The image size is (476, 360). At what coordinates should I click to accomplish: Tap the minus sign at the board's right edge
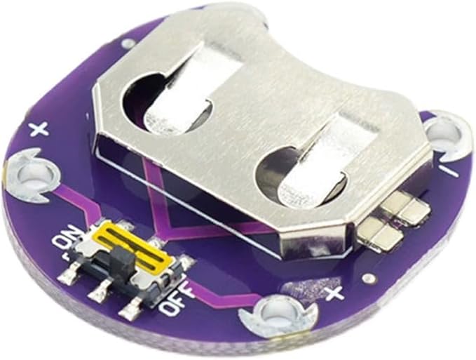pyautogui.click(x=451, y=171)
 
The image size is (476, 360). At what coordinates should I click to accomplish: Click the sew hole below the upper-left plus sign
pyautogui.click(x=32, y=175)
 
